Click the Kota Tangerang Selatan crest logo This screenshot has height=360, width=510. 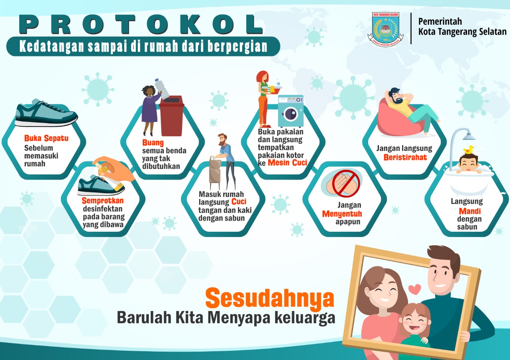pos(385,29)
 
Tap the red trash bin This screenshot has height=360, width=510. pos(172,115)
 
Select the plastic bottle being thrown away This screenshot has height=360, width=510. pos(162,89)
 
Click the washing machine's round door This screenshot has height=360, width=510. pos(290,114)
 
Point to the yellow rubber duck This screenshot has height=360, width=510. pos(469,150)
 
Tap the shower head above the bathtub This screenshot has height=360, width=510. pos(469,136)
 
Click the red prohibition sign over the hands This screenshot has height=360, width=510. pos(345,183)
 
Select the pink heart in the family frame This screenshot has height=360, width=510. pos(415,289)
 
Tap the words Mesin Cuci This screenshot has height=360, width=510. pos(287,163)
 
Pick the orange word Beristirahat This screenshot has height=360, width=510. pos(405,157)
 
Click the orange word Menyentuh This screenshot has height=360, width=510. pos(342,214)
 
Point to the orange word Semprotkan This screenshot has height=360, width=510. pos(103,200)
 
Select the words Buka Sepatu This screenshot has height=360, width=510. pos(46,138)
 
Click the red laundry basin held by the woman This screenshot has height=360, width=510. pos(272,90)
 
